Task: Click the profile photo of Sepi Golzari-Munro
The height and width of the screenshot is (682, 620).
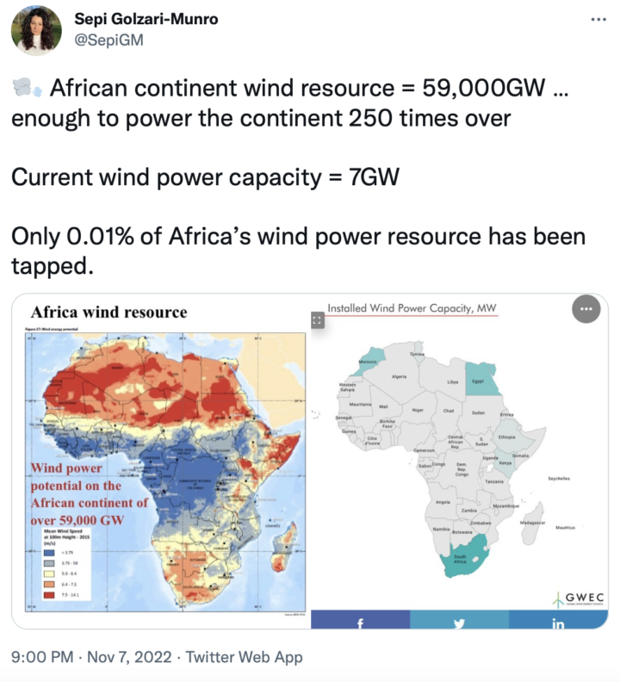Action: (x=36, y=30)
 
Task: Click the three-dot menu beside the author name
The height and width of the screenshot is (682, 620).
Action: (x=598, y=20)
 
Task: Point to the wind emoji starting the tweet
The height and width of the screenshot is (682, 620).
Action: (x=25, y=88)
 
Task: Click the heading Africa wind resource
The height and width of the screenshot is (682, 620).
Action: (x=108, y=312)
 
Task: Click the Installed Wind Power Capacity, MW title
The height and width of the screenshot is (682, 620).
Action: (x=412, y=308)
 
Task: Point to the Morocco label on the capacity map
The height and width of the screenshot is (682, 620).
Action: (x=368, y=362)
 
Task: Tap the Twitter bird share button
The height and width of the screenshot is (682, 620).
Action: (x=459, y=622)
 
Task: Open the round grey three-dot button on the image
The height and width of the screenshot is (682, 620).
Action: (x=586, y=308)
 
